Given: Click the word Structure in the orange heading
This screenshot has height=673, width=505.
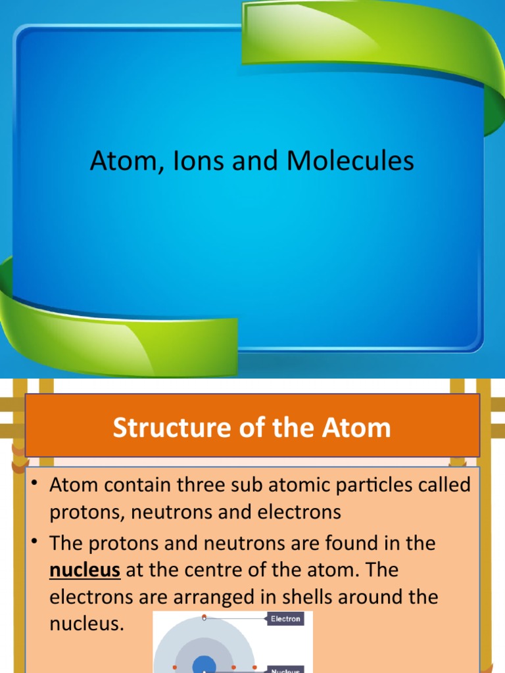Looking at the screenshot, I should [x=168, y=428].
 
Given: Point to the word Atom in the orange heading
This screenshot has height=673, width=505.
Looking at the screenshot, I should [x=359, y=428].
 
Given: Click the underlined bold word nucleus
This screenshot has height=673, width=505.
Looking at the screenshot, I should [x=85, y=570].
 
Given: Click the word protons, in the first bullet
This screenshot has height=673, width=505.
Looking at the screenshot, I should [x=89, y=513].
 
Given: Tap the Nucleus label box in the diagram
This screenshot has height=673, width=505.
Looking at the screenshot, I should [x=285, y=670].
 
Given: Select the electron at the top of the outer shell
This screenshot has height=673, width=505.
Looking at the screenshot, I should [x=204, y=618].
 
